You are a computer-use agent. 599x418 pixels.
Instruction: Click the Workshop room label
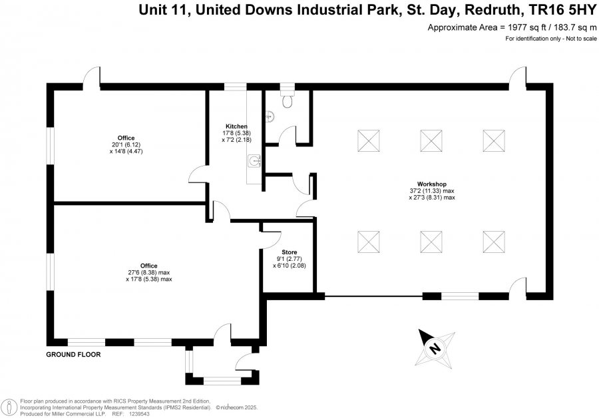[432, 184]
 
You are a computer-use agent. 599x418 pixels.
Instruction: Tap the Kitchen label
[236, 126]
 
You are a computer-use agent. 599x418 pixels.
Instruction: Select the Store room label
[290, 252]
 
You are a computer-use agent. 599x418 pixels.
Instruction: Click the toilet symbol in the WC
[288, 99]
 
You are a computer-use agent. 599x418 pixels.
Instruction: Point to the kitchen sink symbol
[254, 161]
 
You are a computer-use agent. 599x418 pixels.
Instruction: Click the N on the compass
[435, 349]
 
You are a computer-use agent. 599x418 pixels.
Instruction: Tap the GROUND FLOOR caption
[73, 355]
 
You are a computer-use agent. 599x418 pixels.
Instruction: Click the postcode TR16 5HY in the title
[562, 10]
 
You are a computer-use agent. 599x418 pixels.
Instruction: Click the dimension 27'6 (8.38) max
[149, 273]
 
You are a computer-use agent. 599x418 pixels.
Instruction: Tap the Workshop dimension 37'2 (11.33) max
[432, 191]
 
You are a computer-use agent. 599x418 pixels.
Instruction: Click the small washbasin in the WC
[270, 114]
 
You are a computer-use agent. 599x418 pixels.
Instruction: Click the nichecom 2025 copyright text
[237, 408]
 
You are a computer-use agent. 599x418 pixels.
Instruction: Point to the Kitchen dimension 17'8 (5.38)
[236, 133]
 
